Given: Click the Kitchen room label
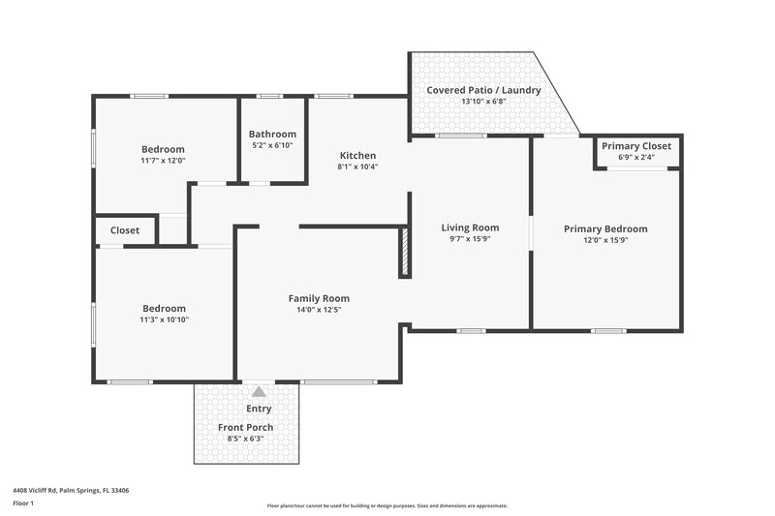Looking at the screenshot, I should [x=357, y=156].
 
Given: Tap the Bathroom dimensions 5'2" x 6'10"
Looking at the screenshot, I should [x=272, y=145].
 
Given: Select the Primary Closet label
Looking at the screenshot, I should [x=635, y=146].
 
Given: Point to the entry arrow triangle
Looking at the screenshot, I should [x=259, y=392].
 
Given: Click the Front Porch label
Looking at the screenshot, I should [x=245, y=427].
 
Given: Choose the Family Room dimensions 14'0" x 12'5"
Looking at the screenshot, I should [x=319, y=310].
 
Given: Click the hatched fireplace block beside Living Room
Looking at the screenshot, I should [x=405, y=253].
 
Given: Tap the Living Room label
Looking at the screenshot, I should [x=470, y=228].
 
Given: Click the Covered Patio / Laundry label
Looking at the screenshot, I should [x=484, y=90].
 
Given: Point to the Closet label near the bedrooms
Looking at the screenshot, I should [x=125, y=230].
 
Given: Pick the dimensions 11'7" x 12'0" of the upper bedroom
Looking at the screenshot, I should [x=163, y=161].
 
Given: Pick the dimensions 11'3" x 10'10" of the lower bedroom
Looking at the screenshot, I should [x=163, y=319].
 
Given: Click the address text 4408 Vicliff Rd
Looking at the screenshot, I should [x=71, y=490].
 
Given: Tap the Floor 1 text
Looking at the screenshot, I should [x=24, y=503].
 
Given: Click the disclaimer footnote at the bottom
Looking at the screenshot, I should [x=387, y=505].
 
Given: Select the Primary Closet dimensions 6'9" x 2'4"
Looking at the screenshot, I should [x=635, y=157].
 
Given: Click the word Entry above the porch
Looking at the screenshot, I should [x=259, y=409].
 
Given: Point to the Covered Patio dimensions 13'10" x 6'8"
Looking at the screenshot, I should [x=484, y=101].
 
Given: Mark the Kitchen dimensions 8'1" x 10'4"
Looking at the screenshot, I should [x=357, y=167].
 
